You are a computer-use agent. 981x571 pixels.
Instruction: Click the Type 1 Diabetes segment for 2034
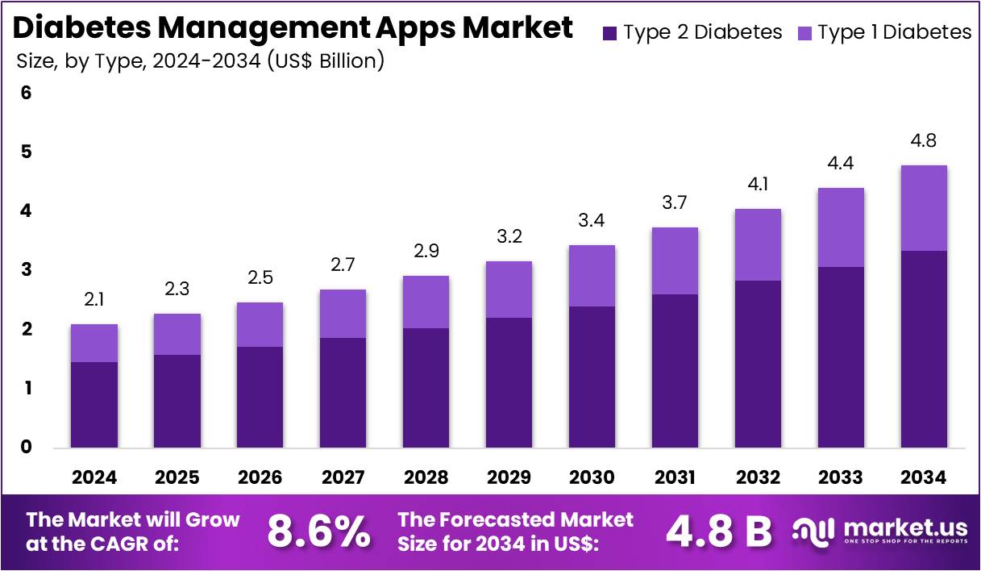924,208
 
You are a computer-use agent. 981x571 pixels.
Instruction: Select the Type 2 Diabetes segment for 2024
94,405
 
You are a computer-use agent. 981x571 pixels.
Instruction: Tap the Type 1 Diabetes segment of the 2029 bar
508,290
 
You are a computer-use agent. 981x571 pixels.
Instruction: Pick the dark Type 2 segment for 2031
675,371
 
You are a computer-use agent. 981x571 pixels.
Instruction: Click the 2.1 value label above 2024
94,300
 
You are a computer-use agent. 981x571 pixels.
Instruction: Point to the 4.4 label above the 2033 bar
841,164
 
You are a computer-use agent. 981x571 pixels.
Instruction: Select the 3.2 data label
508,237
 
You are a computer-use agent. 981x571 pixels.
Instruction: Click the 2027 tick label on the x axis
343,477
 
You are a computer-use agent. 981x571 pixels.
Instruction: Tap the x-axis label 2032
758,477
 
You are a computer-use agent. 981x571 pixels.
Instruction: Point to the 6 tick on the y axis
27,93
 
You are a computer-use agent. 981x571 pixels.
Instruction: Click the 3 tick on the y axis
27,269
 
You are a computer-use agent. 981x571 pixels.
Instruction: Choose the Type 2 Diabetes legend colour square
609,33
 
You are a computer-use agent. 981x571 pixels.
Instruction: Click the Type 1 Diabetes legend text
895,32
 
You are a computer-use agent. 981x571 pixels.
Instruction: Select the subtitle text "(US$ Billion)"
326,60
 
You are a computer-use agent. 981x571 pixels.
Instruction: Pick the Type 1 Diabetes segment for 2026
260,325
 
